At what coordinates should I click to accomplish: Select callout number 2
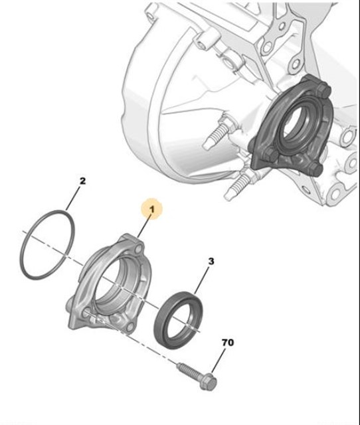(82, 180)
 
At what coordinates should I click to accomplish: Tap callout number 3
(211, 262)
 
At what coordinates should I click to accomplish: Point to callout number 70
(227, 343)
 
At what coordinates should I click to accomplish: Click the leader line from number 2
(73, 199)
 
